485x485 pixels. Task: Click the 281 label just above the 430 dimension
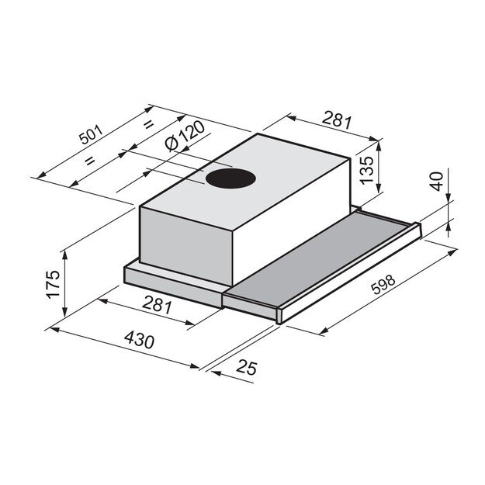tap(158, 306)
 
